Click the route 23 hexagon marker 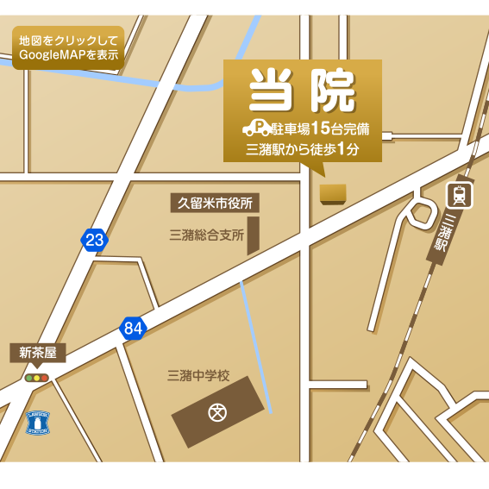(x=94, y=240)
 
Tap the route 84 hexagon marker (x=132, y=328)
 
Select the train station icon (x=460, y=196)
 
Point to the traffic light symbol (x=37, y=378)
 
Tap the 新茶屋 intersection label (x=37, y=353)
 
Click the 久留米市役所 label (x=215, y=204)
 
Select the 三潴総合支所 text (x=206, y=235)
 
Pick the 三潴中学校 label (x=198, y=375)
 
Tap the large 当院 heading (x=302, y=91)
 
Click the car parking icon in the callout (x=256, y=129)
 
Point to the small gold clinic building (x=332, y=193)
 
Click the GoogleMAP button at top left (x=68, y=47)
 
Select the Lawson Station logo (x=38, y=422)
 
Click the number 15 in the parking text (x=320, y=129)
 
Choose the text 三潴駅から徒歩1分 (x=302, y=149)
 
